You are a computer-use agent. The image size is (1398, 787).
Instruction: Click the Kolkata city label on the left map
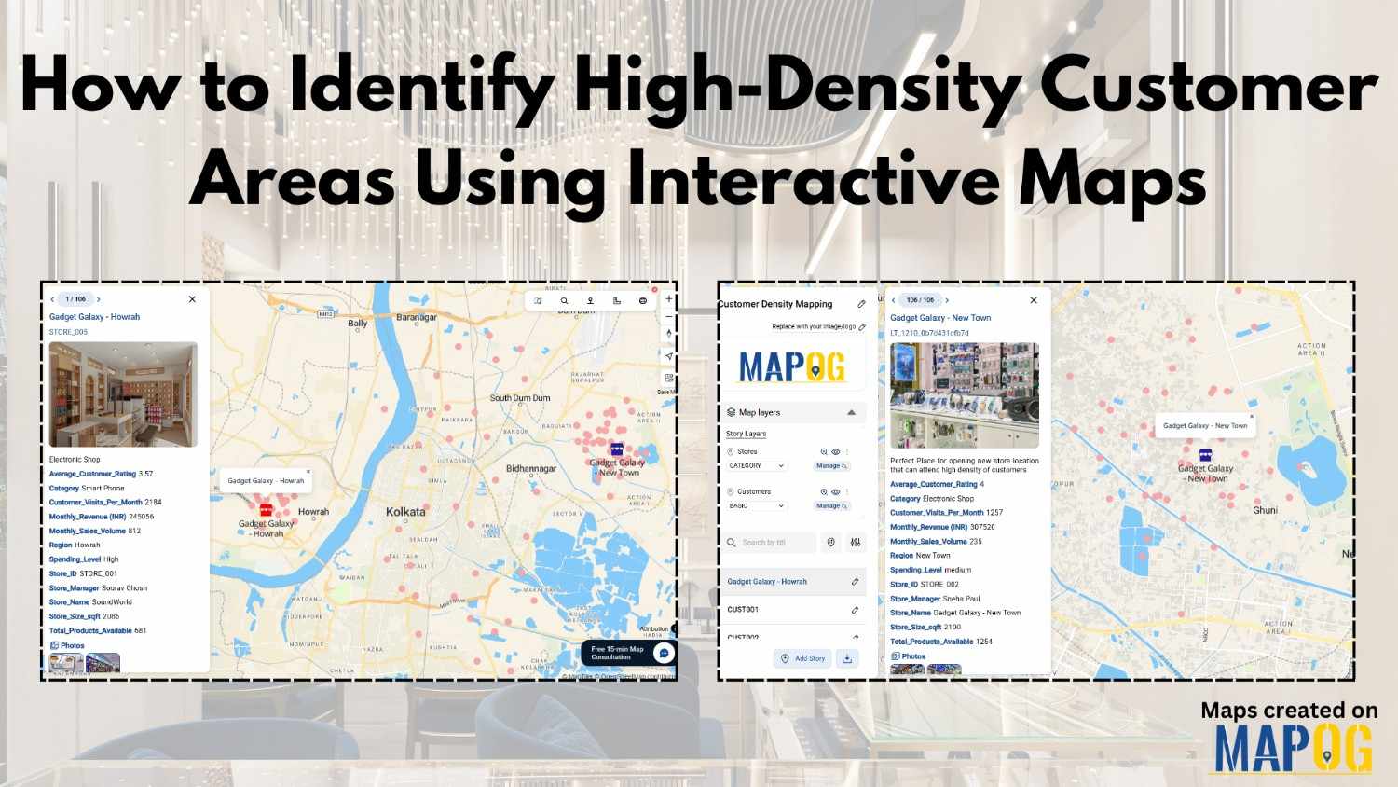click(405, 512)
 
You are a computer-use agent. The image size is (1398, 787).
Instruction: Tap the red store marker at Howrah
click(266, 510)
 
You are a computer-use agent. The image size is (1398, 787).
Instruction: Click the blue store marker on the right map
click(1205, 455)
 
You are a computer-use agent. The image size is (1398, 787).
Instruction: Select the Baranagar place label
click(416, 317)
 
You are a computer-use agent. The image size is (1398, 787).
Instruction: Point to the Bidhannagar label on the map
click(530, 468)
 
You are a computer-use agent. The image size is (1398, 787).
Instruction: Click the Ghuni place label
click(1265, 510)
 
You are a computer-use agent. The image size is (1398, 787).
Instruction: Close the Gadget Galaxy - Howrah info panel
click(192, 299)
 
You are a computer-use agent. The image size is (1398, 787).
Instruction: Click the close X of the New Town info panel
click(1033, 300)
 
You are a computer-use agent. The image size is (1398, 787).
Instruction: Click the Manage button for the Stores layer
click(831, 465)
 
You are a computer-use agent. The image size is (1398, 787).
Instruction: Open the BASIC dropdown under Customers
click(757, 505)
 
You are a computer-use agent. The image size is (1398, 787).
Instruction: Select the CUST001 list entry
click(743, 610)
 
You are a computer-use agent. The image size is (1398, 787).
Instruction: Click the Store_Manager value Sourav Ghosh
click(124, 588)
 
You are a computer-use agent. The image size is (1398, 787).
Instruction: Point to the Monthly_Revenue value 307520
click(982, 527)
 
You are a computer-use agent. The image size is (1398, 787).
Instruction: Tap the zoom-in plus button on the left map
click(668, 299)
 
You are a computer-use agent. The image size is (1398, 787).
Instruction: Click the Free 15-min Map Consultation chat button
click(664, 653)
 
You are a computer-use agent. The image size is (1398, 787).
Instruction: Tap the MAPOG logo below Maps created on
click(1293, 748)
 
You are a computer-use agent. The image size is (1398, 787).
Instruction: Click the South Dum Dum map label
click(519, 398)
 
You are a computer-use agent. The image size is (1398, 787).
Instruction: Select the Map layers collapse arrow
click(851, 412)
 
